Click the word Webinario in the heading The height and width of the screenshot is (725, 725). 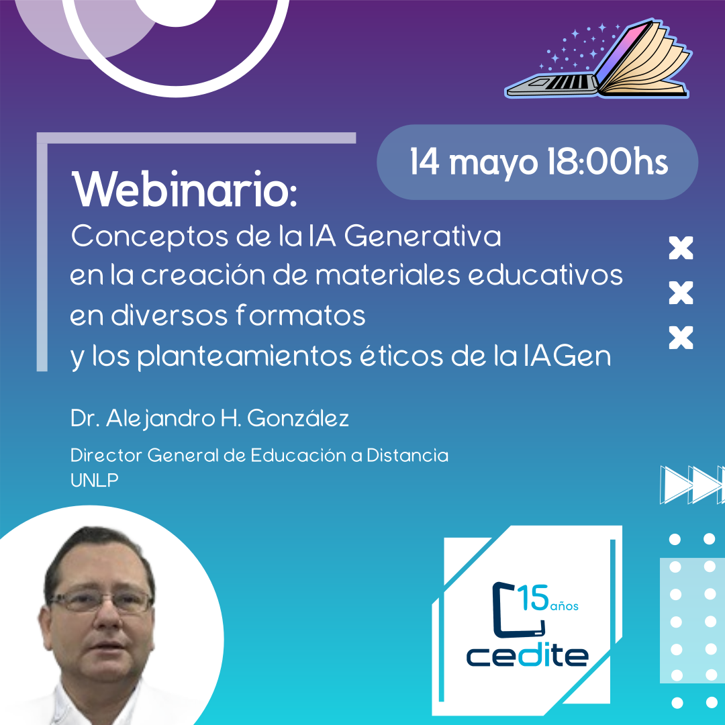point(184,190)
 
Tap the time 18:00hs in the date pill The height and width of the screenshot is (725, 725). point(608,162)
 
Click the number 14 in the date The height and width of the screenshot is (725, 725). point(424,161)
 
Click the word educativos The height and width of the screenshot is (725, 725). point(545,275)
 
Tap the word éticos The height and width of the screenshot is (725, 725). point(401,355)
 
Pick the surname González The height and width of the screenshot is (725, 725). point(298,418)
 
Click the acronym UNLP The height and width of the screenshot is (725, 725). point(95,481)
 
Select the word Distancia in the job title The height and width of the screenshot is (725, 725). point(407,455)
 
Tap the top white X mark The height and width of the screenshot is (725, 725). point(681,248)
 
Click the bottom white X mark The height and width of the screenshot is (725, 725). point(681,337)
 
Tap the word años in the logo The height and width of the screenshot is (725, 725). point(565,606)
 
